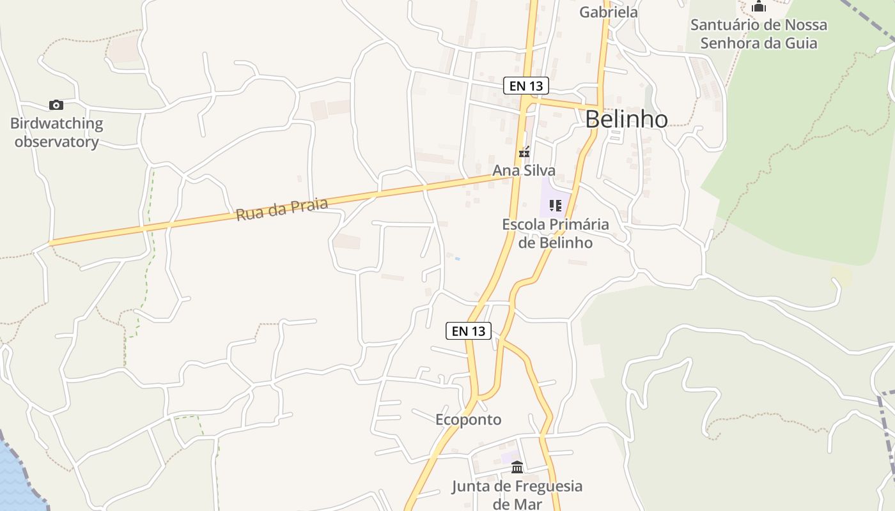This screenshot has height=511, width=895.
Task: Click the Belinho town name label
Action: coord(626,119)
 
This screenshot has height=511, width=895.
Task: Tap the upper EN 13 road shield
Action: coord(525,86)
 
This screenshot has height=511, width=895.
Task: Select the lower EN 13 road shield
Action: coord(468,331)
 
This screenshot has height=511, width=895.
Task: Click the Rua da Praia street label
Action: coord(282,209)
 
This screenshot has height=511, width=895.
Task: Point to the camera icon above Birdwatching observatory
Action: coord(56,105)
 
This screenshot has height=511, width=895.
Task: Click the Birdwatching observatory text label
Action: coord(56,133)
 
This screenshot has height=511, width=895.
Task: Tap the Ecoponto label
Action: coord(468,420)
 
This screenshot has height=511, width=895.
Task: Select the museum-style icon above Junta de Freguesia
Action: coord(517,468)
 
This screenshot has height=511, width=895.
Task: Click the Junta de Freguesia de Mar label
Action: coord(517,495)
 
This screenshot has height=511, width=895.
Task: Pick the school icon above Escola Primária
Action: coord(555,206)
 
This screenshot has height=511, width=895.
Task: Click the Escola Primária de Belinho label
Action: coord(555,234)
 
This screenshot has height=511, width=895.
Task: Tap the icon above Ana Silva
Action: coord(524,153)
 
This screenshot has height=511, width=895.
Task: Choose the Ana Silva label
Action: coord(524,171)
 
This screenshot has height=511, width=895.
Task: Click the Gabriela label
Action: coord(608,12)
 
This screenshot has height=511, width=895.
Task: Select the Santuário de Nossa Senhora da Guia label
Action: coord(759,34)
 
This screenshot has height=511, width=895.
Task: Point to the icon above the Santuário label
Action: coord(759,7)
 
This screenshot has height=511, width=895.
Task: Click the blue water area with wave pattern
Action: coord(16,479)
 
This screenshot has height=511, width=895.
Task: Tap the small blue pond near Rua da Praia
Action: coord(457,259)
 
